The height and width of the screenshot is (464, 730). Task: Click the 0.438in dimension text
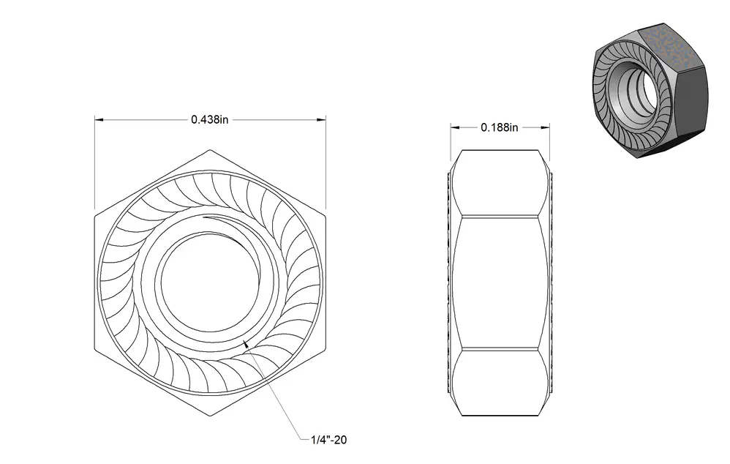209,120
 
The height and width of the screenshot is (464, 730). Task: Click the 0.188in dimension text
499,127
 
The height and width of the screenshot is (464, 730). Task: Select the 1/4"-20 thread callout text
328,440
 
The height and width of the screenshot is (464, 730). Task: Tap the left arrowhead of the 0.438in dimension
99,120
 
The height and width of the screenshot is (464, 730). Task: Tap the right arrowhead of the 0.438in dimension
321,120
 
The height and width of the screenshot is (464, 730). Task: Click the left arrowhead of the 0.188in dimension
455,127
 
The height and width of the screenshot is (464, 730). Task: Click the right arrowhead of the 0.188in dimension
545,127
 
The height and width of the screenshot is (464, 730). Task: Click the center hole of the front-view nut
209,282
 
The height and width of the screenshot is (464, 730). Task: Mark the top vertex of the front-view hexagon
210,150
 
